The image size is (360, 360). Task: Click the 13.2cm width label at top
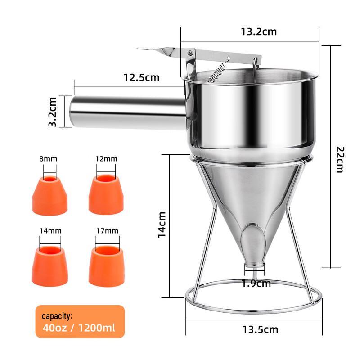coord(258,32)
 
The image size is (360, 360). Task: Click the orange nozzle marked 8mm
coord(50,196)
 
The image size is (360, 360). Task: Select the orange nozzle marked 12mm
coord(106,196)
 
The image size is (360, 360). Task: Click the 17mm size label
coord(107,231)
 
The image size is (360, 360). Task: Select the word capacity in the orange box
coord(57,316)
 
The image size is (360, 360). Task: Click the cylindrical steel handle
coord(126,112)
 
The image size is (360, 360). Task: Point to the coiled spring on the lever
coord(217,72)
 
